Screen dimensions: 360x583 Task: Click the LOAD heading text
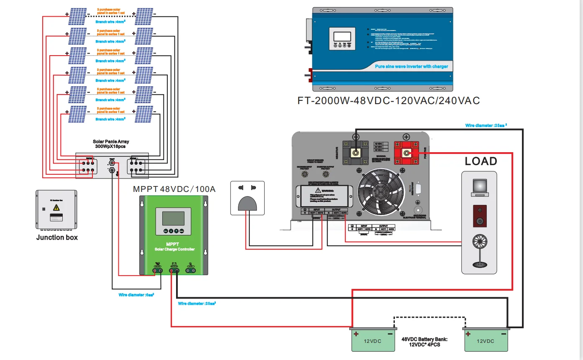point(481,161)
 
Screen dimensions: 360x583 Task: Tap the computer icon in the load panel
point(479,188)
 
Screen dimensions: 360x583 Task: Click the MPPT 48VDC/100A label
point(174,189)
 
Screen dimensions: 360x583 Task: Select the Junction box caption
point(57,237)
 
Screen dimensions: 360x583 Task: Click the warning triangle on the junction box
point(56,208)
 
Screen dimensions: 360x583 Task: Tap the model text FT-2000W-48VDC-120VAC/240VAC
point(388,101)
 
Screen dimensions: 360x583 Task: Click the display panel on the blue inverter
point(342,38)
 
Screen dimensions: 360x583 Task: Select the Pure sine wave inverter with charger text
point(411,66)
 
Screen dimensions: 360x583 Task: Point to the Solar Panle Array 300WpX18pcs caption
point(111,144)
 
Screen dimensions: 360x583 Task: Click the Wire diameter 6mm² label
point(136,295)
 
